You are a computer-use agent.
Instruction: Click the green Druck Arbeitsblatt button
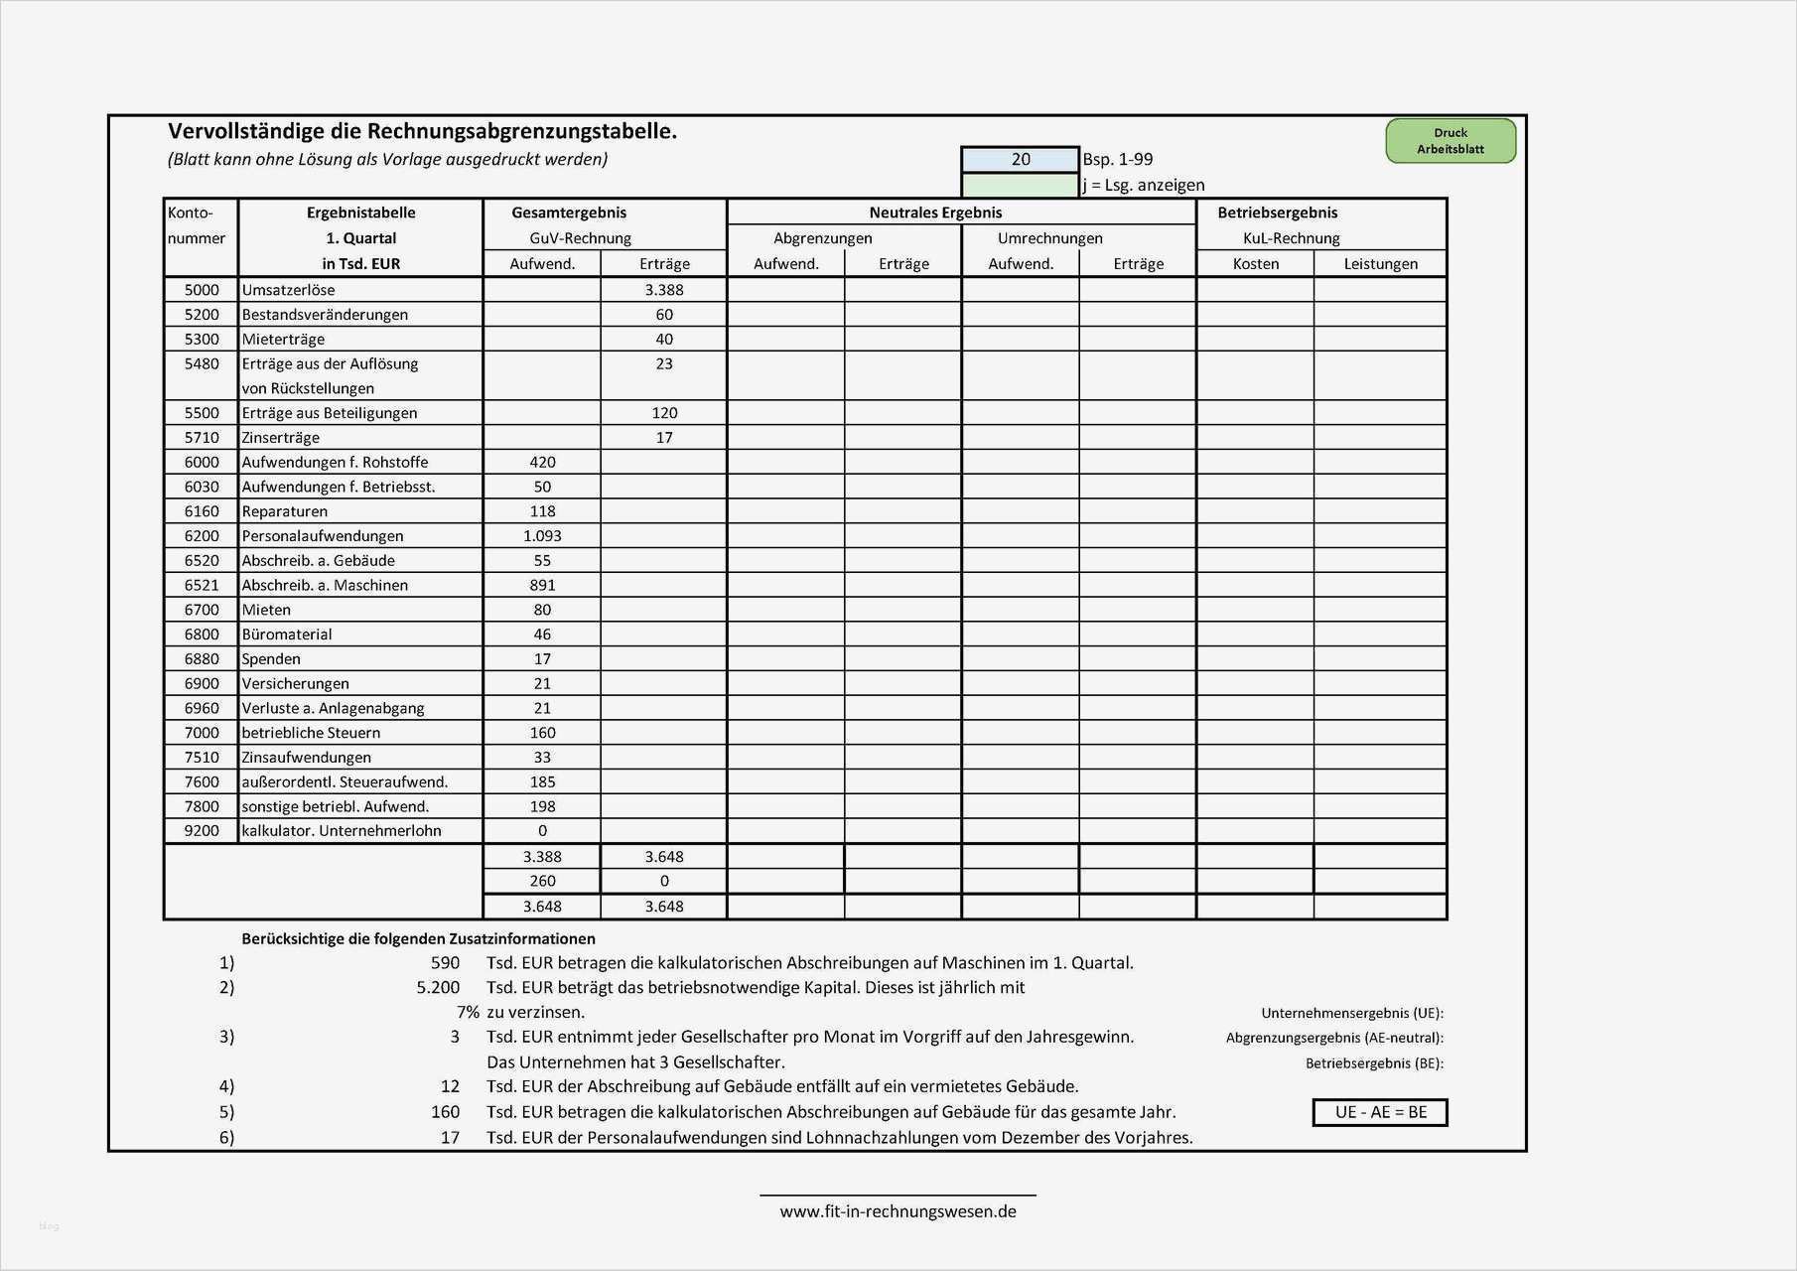coord(1450,141)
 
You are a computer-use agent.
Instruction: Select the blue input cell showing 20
coord(1020,159)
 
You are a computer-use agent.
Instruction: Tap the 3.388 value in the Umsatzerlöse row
coord(663,290)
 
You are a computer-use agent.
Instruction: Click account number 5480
coord(202,363)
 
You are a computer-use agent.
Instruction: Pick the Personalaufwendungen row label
coord(323,535)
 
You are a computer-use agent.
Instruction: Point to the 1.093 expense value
coord(542,535)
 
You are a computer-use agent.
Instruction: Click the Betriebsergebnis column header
coord(1277,212)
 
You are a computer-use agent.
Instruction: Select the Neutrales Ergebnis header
coord(935,212)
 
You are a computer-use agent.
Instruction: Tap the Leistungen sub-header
coord(1380,264)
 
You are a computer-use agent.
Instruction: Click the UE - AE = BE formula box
coord(1380,1112)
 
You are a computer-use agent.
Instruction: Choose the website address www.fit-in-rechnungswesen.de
coord(898,1211)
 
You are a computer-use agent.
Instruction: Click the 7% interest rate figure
coord(468,1013)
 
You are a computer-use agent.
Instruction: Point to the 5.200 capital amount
coord(438,988)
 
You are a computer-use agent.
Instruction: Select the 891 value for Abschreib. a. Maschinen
coord(542,585)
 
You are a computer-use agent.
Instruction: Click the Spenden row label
coord(271,658)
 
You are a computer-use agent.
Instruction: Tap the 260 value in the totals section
coord(542,881)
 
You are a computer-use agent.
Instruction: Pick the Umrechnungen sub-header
coord(1049,238)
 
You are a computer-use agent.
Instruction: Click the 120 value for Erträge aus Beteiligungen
coord(663,413)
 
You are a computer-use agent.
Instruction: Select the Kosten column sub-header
coord(1255,264)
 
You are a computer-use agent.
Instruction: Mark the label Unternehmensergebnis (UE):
coord(1351,1014)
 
